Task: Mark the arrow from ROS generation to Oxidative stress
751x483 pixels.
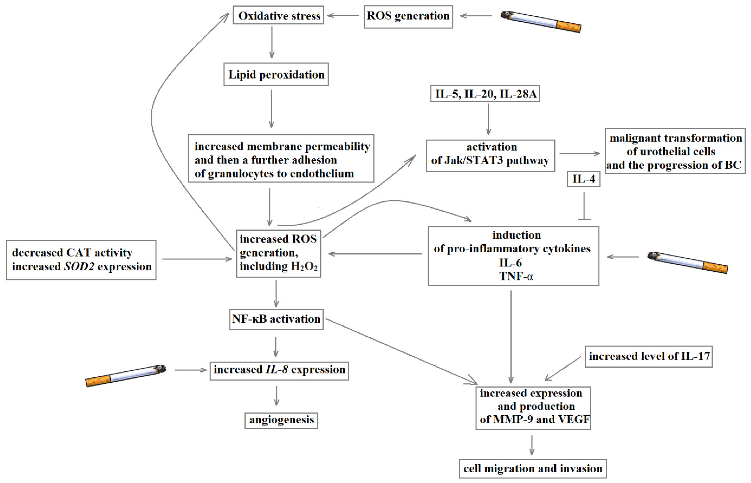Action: click(343, 15)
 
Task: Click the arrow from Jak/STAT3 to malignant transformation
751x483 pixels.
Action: click(580, 154)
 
